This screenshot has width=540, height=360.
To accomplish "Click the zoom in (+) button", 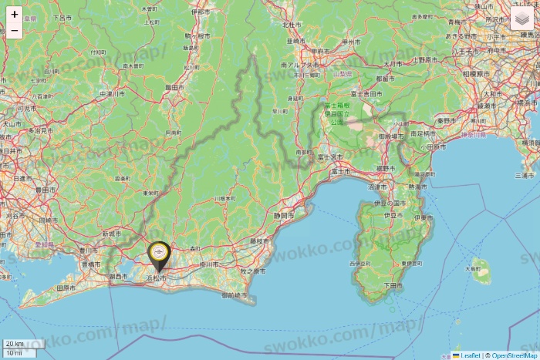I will click(x=15, y=14).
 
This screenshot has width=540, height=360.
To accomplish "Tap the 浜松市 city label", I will click(x=157, y=278).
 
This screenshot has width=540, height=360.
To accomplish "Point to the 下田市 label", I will click(x=393, y=285).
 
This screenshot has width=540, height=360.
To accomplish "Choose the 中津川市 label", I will click(x=113, y=94).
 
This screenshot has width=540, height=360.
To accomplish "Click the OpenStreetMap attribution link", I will click(x=514, y=355).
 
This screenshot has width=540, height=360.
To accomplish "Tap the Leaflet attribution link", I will click(x=470, y=355).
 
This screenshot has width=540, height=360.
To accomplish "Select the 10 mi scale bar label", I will click(x=14, y=353).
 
